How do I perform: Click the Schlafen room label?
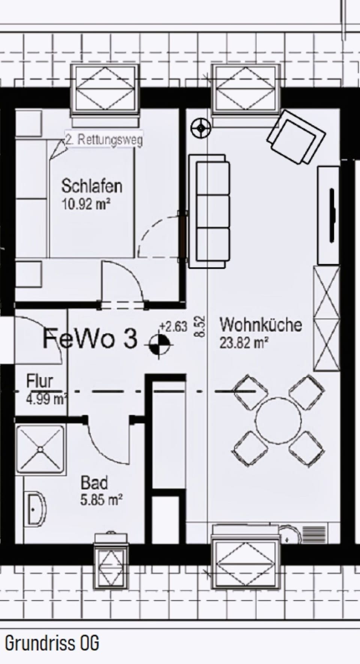(x=92, y=186)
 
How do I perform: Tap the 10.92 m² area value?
(x=86, y=205)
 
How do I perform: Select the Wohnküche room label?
(x=261, y=325)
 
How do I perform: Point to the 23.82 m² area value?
(x=244, y=343)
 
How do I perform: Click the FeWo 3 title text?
(x=90, y=339)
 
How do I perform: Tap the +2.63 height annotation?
(x=173, y=327)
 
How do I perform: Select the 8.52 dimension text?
(x=200, y=326)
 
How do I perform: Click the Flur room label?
(x=39, y=382)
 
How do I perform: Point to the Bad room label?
(x=94, y=483)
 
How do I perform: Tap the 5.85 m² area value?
(x=101, y=500)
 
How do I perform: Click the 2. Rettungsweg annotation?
(x=104, y=140)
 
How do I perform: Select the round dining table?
(x=278, y=420)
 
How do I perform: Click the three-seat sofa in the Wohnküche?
(x=209, y=211)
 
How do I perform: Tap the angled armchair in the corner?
(x=295, y=137)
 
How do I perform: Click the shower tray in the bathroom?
(x=40, y=449)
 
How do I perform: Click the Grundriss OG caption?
(x=52, y=643)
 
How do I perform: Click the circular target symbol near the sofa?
(x=201, y=128)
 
